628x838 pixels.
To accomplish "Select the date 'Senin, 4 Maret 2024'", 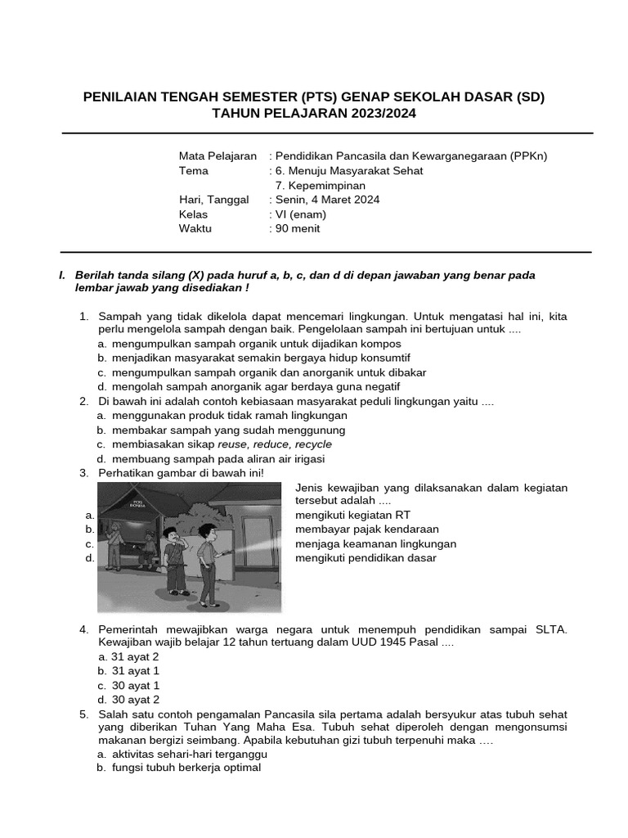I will pos(327,200).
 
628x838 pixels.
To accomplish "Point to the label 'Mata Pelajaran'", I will pos(218,155).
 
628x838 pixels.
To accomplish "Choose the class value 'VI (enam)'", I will pos(300,214).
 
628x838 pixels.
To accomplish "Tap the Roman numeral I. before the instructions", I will pos(62,276).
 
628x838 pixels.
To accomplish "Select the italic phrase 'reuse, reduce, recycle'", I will pos(275,444).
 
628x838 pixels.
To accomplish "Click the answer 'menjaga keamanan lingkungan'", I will pos(375,543).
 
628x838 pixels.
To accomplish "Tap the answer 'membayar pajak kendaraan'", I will pos(367,529).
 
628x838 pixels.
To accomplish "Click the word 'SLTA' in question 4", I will pos(550,628).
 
